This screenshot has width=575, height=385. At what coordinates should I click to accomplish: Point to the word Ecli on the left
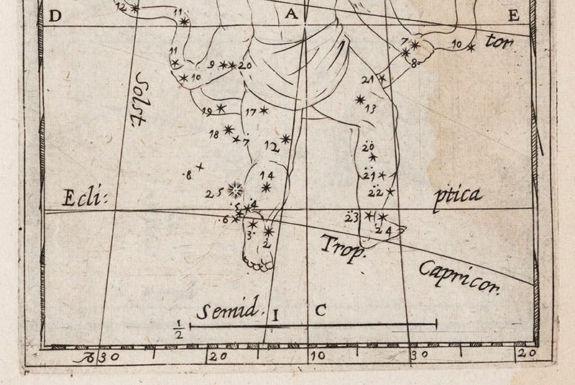(80, 196)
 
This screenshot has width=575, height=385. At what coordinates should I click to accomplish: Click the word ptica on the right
(457, 196)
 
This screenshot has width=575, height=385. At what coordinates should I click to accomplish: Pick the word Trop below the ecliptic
(344, 246)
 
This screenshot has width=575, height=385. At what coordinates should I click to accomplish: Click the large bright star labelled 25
(234, 190)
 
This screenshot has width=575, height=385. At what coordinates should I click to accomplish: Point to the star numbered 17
(264, 110)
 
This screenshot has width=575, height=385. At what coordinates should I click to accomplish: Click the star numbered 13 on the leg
(361, 99)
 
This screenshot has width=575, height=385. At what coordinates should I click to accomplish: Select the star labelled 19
(221, 109)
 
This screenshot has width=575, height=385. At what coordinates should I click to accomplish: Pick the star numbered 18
(229, 130)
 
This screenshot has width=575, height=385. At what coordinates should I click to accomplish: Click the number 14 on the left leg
(267, 175)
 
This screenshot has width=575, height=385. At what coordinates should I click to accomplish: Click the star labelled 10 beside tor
(471, 48)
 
